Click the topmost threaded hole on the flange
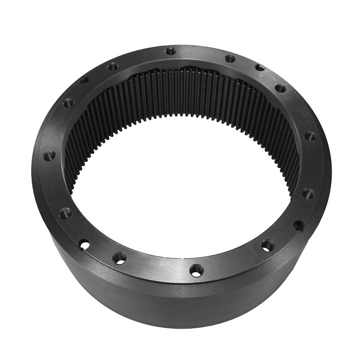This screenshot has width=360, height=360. [x=170, y=51]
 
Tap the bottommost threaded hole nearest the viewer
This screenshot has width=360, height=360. [x=197, y=270]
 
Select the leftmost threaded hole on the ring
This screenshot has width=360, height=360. [x=49, y=156]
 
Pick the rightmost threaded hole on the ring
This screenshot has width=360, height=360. [x=310, y=136]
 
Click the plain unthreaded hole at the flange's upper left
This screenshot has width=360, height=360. [x=84, y=80]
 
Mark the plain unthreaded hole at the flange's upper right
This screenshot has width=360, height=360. [x=260, y=67]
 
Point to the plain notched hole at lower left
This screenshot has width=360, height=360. [x=84, y=244]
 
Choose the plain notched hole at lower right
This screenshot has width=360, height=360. [x=298, y=224]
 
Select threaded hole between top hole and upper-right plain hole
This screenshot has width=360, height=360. [x=230, y=58]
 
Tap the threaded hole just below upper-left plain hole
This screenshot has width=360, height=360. [x=68, y=103]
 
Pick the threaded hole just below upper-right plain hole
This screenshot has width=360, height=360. [x=280, y=88]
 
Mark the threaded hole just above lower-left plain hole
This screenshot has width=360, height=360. [x=66, y=212]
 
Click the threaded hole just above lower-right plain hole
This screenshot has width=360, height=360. [x=308, y=194]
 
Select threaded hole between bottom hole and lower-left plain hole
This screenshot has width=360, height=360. [x=119, y=258]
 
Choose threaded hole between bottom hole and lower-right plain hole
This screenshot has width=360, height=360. [x=267, y=245]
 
